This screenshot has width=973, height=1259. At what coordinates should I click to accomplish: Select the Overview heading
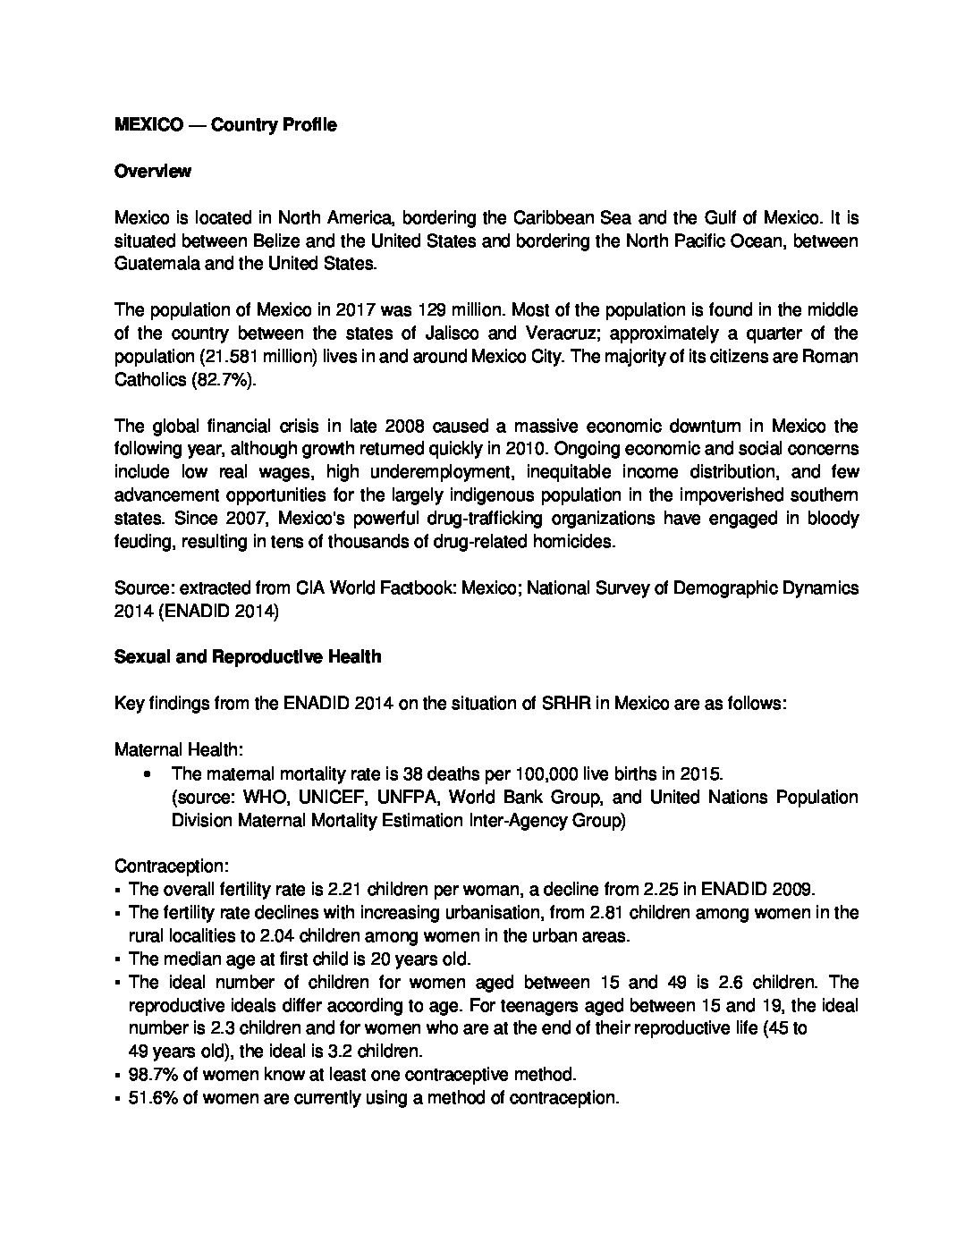(x=152, y=171)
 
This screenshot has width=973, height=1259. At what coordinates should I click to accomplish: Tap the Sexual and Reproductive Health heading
(x=248, y=656)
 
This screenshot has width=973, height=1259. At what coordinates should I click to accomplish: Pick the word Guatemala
(x=151, y=264)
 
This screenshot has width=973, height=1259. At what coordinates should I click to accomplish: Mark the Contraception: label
(x=172, y=866)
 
